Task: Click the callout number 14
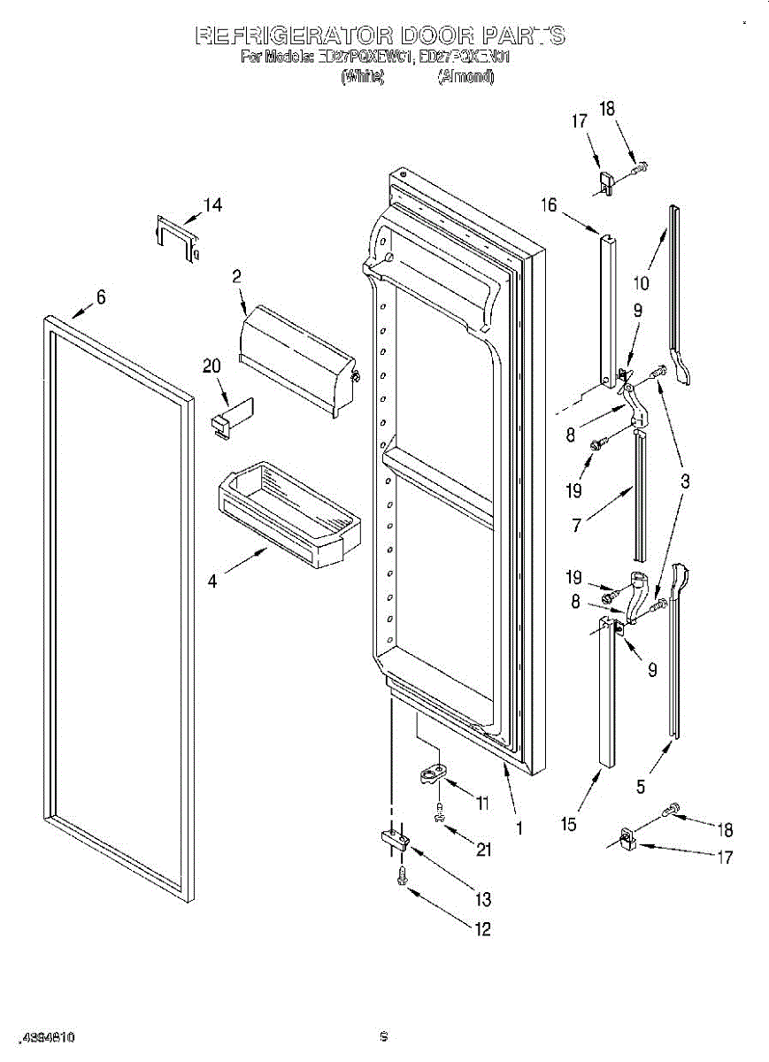click(212, 205)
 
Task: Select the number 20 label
click(213, 366)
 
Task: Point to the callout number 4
click(212, 581)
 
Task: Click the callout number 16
click(550, 205)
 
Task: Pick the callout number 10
click(642, 283)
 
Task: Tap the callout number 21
click(482, 850)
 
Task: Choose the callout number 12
click(483, 928)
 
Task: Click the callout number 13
click(482, 900)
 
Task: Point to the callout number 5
click(642, 785)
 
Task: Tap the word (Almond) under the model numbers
click(466, 77)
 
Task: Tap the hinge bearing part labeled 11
click(433, 774)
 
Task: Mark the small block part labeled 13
click(393, 836)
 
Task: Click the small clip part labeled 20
click(232, 414)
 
